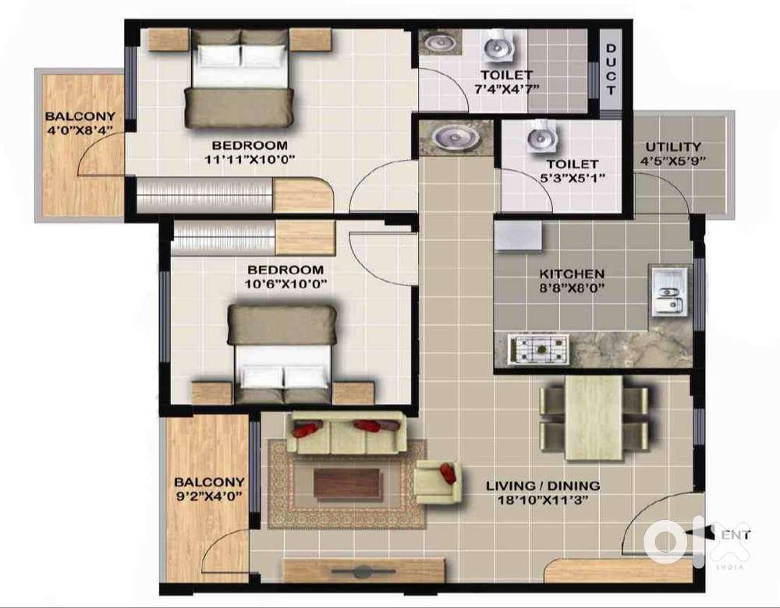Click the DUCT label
coord(610,69)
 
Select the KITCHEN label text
coord(573,274)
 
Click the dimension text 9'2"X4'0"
coord(209,495)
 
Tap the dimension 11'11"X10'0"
coord(250,160)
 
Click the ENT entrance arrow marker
coord(719,535)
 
